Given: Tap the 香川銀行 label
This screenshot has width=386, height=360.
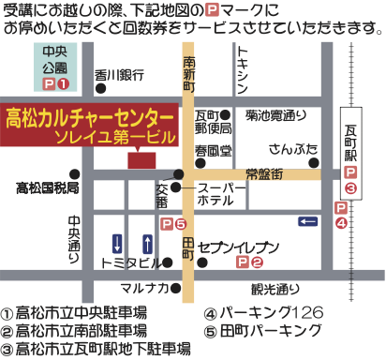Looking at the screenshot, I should [119, 76].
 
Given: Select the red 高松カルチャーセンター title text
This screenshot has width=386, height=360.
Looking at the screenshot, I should [90, 119].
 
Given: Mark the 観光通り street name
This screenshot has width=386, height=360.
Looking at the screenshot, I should [274, 287].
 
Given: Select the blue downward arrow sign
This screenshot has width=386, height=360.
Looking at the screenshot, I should [117, 243].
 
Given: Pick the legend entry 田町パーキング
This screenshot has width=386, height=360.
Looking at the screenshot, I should [265, 331].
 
